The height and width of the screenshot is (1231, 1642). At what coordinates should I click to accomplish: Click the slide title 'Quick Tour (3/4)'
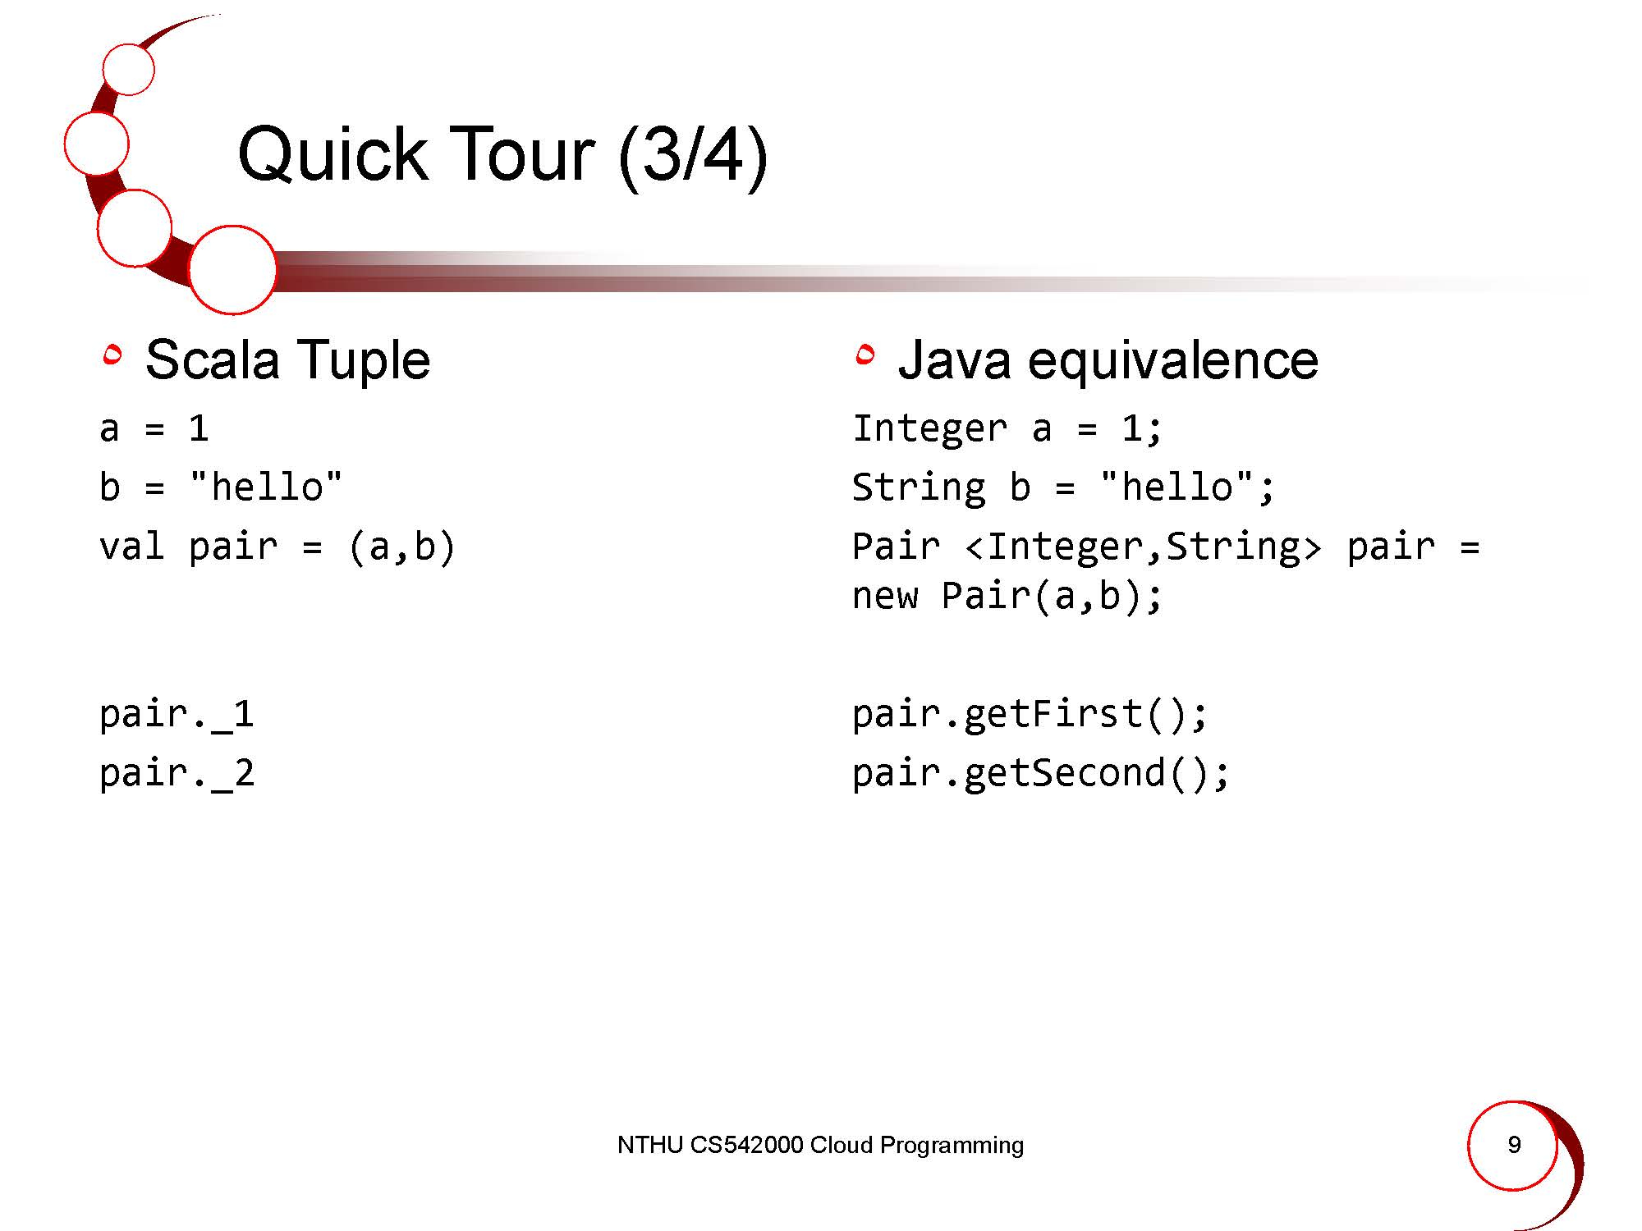(502, 155)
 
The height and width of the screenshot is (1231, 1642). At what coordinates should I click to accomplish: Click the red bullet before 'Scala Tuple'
(112, 355)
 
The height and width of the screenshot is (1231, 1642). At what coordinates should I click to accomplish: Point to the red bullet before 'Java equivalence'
(865, 355)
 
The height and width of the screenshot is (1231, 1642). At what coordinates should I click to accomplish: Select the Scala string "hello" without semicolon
(265, 487)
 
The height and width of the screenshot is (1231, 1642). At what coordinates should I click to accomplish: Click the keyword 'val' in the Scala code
(131, 547)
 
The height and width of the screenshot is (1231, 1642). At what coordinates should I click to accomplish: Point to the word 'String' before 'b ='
(919, 487)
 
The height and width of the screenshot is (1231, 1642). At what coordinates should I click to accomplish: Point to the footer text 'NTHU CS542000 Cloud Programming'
(820, 1145)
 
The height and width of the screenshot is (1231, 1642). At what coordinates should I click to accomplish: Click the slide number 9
(1515, 1144)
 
